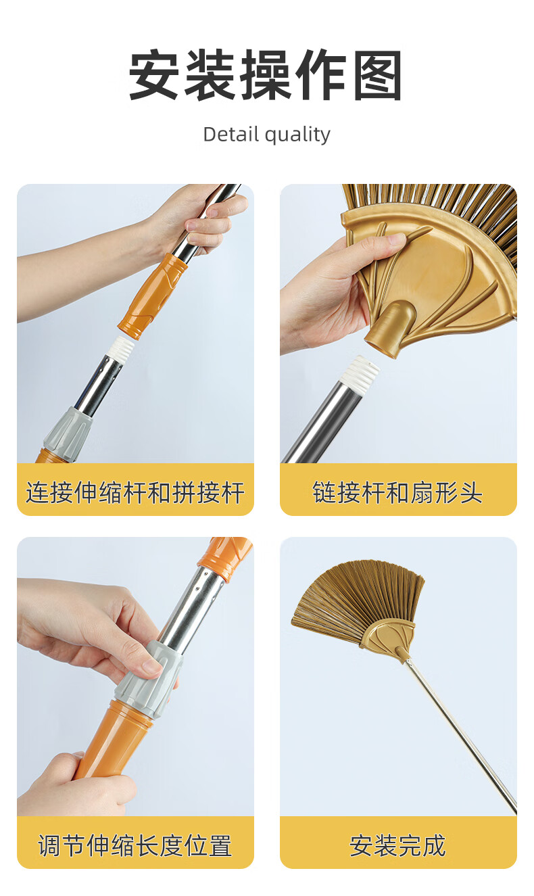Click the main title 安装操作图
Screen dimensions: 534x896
pyautogui.click(x=266, y=75)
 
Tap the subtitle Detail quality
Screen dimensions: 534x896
pyautogui.click(x=266, y=135)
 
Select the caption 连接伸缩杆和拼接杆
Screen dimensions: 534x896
pyautogui.click(x=135, y=492)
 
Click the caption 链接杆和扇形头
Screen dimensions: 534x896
pyautogui.click(x=397, y=492)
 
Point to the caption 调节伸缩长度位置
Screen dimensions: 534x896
pyautogui.click(x=135, y=845)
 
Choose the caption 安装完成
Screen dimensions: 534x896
pyautogui.click(x=397, y=845)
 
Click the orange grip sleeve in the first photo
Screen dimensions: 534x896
pyautogui.click(x=153, y=296)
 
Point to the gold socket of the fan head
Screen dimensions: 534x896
pyautogui.click(x=391, y=329)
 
